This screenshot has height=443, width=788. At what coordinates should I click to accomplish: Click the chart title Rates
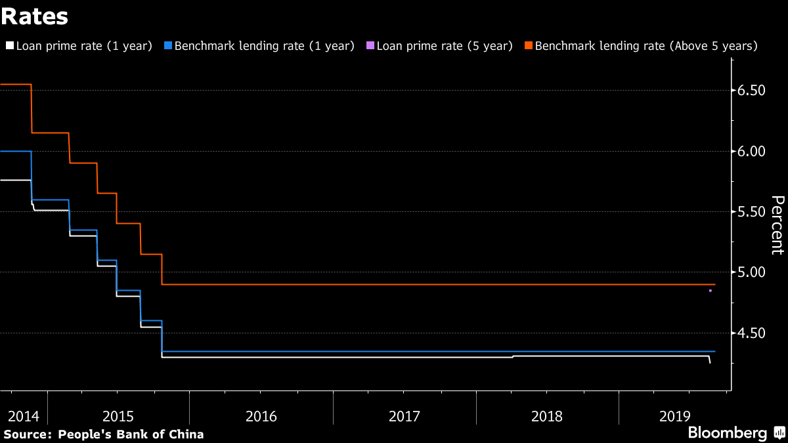click(34, 16)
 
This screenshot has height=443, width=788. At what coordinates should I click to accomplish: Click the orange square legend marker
click(529, 46)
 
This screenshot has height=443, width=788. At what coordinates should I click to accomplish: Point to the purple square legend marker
click(370, 46)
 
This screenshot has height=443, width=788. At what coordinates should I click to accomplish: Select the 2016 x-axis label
click(261, 416)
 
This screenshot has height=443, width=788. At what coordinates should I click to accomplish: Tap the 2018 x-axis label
click(547, 416)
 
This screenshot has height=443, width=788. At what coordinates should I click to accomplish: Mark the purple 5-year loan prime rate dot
click(711, 290)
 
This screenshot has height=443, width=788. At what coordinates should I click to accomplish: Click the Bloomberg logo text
click(727, 433)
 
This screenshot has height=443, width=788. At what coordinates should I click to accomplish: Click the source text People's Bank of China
click(131, 434)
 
